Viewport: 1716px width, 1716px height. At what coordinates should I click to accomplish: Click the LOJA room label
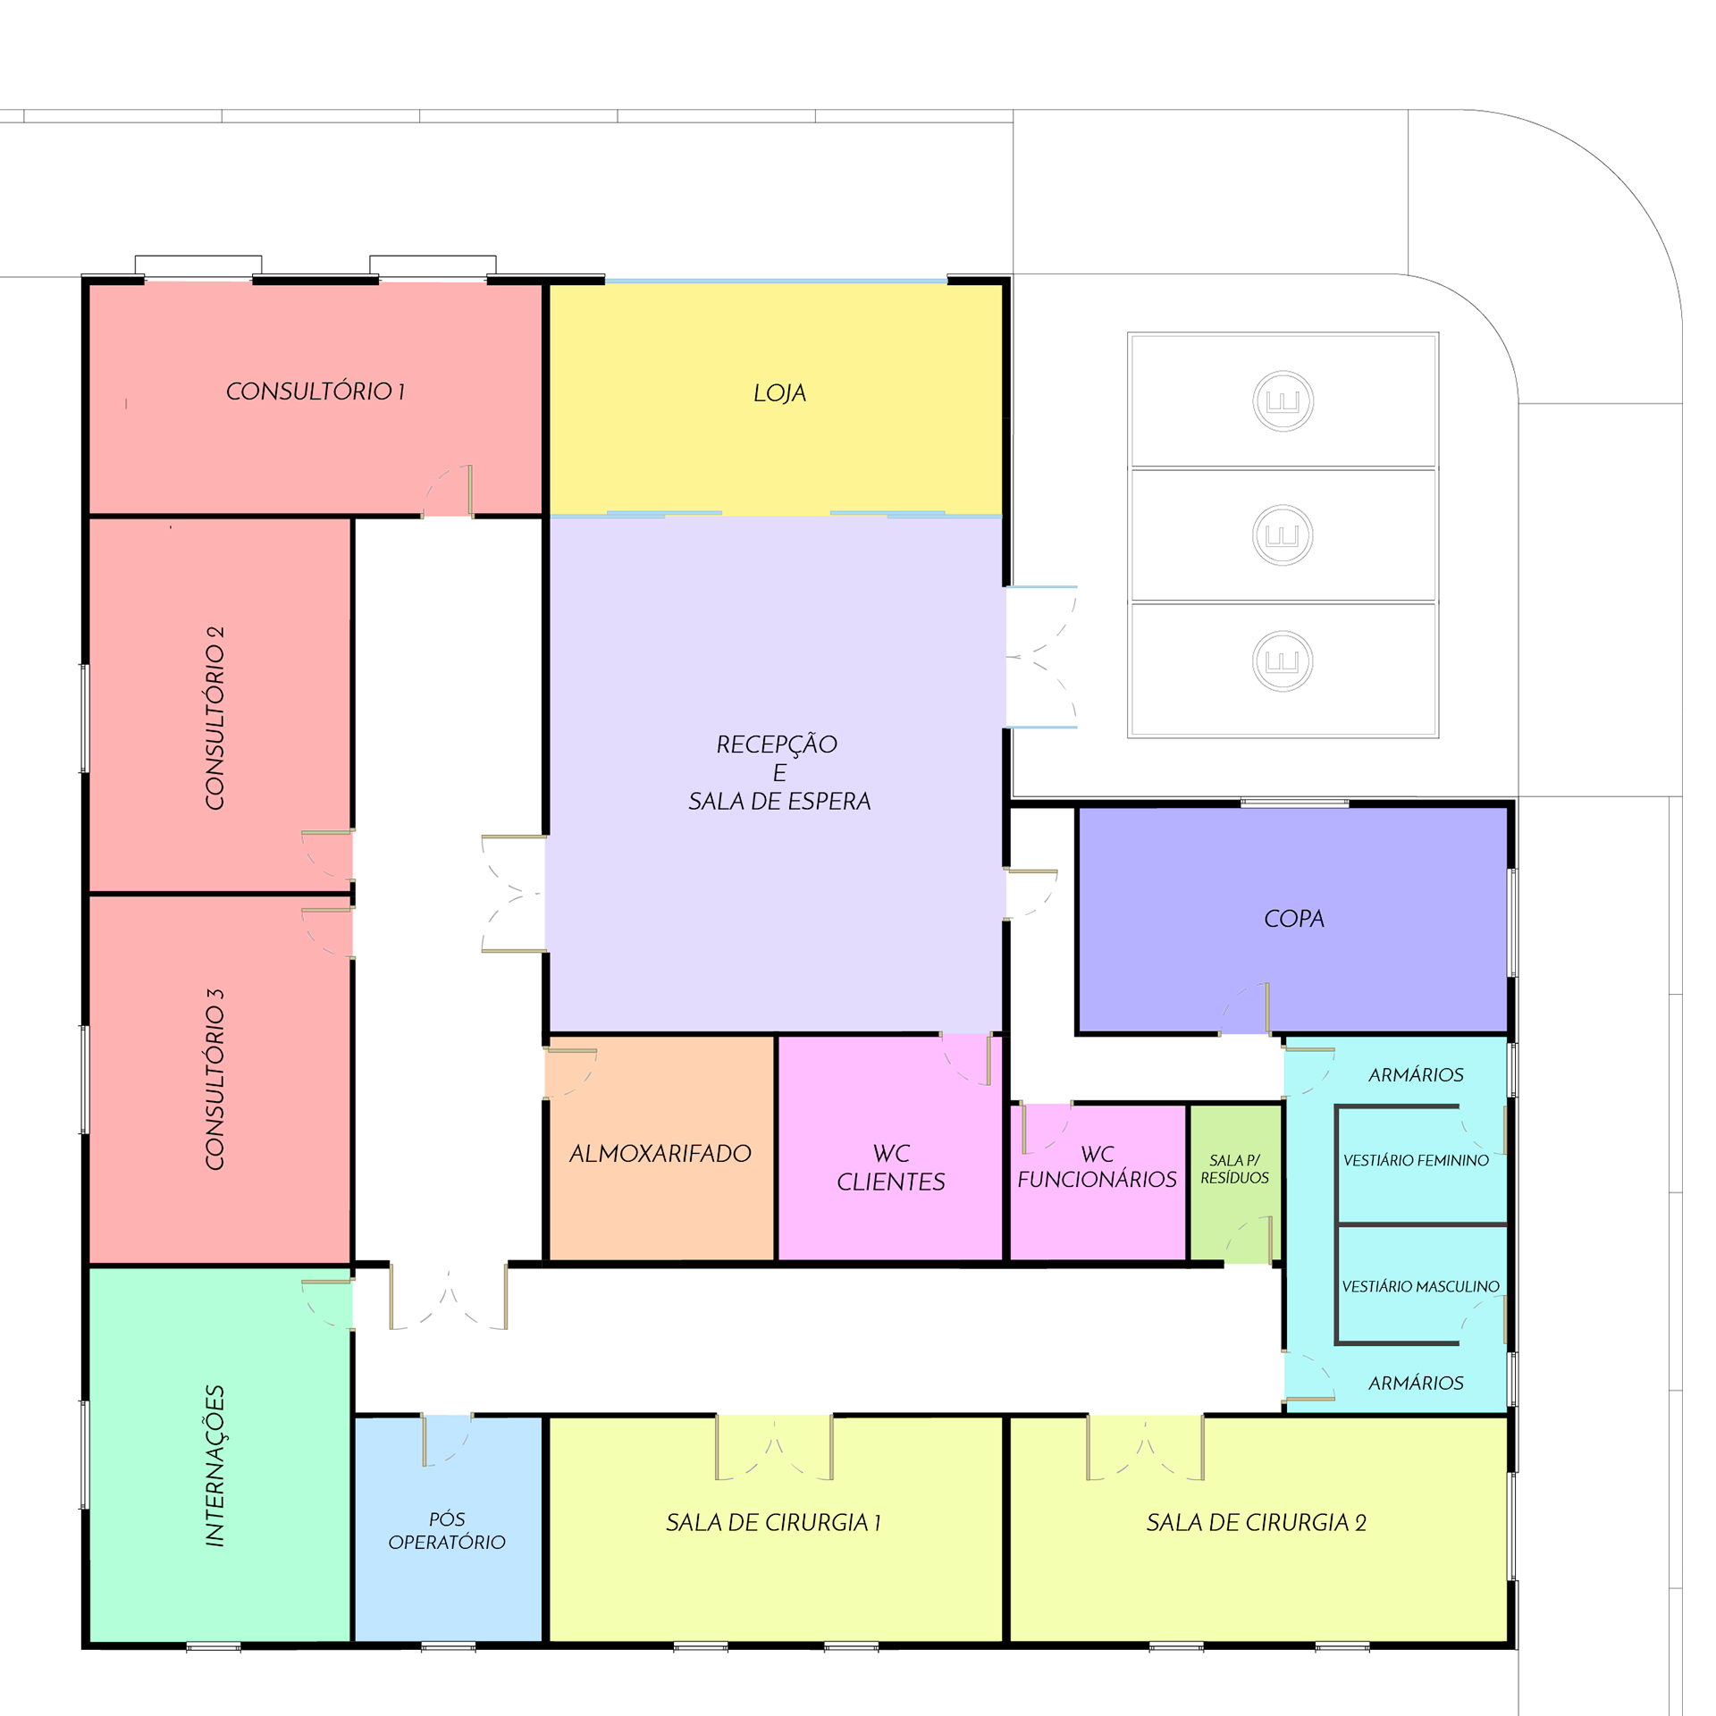tap(779, 393)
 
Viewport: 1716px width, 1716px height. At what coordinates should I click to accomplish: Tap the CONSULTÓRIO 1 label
tap(315, 391)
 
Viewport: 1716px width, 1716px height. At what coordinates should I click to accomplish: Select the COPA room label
tap(1293, 919)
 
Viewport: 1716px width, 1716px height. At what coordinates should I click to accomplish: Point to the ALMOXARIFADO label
tap(660, 1154)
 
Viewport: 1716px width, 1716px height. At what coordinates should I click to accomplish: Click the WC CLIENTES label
tap(891, 1167)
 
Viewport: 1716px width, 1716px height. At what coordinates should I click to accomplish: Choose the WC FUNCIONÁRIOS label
tap(1097, 1166)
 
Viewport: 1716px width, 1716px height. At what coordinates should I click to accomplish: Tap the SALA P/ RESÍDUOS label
tap(1234, 1169)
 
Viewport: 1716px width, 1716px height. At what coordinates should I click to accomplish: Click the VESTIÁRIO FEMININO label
tap(1416, 1160)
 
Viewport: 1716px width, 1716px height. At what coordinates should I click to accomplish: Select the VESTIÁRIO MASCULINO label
tap(1420, 1286)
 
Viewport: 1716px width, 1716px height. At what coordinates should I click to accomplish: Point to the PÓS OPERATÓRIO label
tap(447, 1530)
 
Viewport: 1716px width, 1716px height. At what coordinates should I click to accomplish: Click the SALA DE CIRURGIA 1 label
tap(774, 1522)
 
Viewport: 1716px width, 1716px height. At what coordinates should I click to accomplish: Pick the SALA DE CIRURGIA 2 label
tap(1256, 1522)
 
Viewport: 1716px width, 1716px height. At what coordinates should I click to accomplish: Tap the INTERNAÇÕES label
tap(214, 1466)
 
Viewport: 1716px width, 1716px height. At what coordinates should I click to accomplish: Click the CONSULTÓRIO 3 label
tap(214, 1079)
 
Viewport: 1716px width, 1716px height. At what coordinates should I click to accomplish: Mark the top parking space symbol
tap(1283, 401)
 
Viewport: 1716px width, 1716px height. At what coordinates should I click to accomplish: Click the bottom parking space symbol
tap(1283, 661)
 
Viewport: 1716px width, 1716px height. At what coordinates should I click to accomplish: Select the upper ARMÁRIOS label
tap(1416, 1074)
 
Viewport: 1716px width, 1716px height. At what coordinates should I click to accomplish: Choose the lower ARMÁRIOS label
tap(1416, 1383)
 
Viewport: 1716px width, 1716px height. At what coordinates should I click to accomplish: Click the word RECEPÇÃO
tap(777, 744)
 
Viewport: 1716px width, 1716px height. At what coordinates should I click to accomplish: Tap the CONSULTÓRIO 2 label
tap(214, 718)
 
